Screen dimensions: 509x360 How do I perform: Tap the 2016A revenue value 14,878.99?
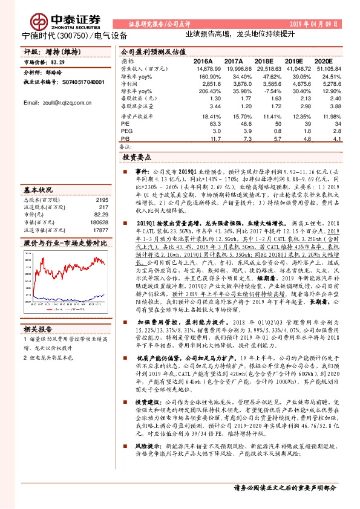coord(201,70)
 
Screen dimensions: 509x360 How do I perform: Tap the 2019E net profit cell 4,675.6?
coord(297,84)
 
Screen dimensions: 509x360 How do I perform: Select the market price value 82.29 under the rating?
coord(58,62)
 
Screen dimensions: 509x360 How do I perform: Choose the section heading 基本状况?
coord(37,189)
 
